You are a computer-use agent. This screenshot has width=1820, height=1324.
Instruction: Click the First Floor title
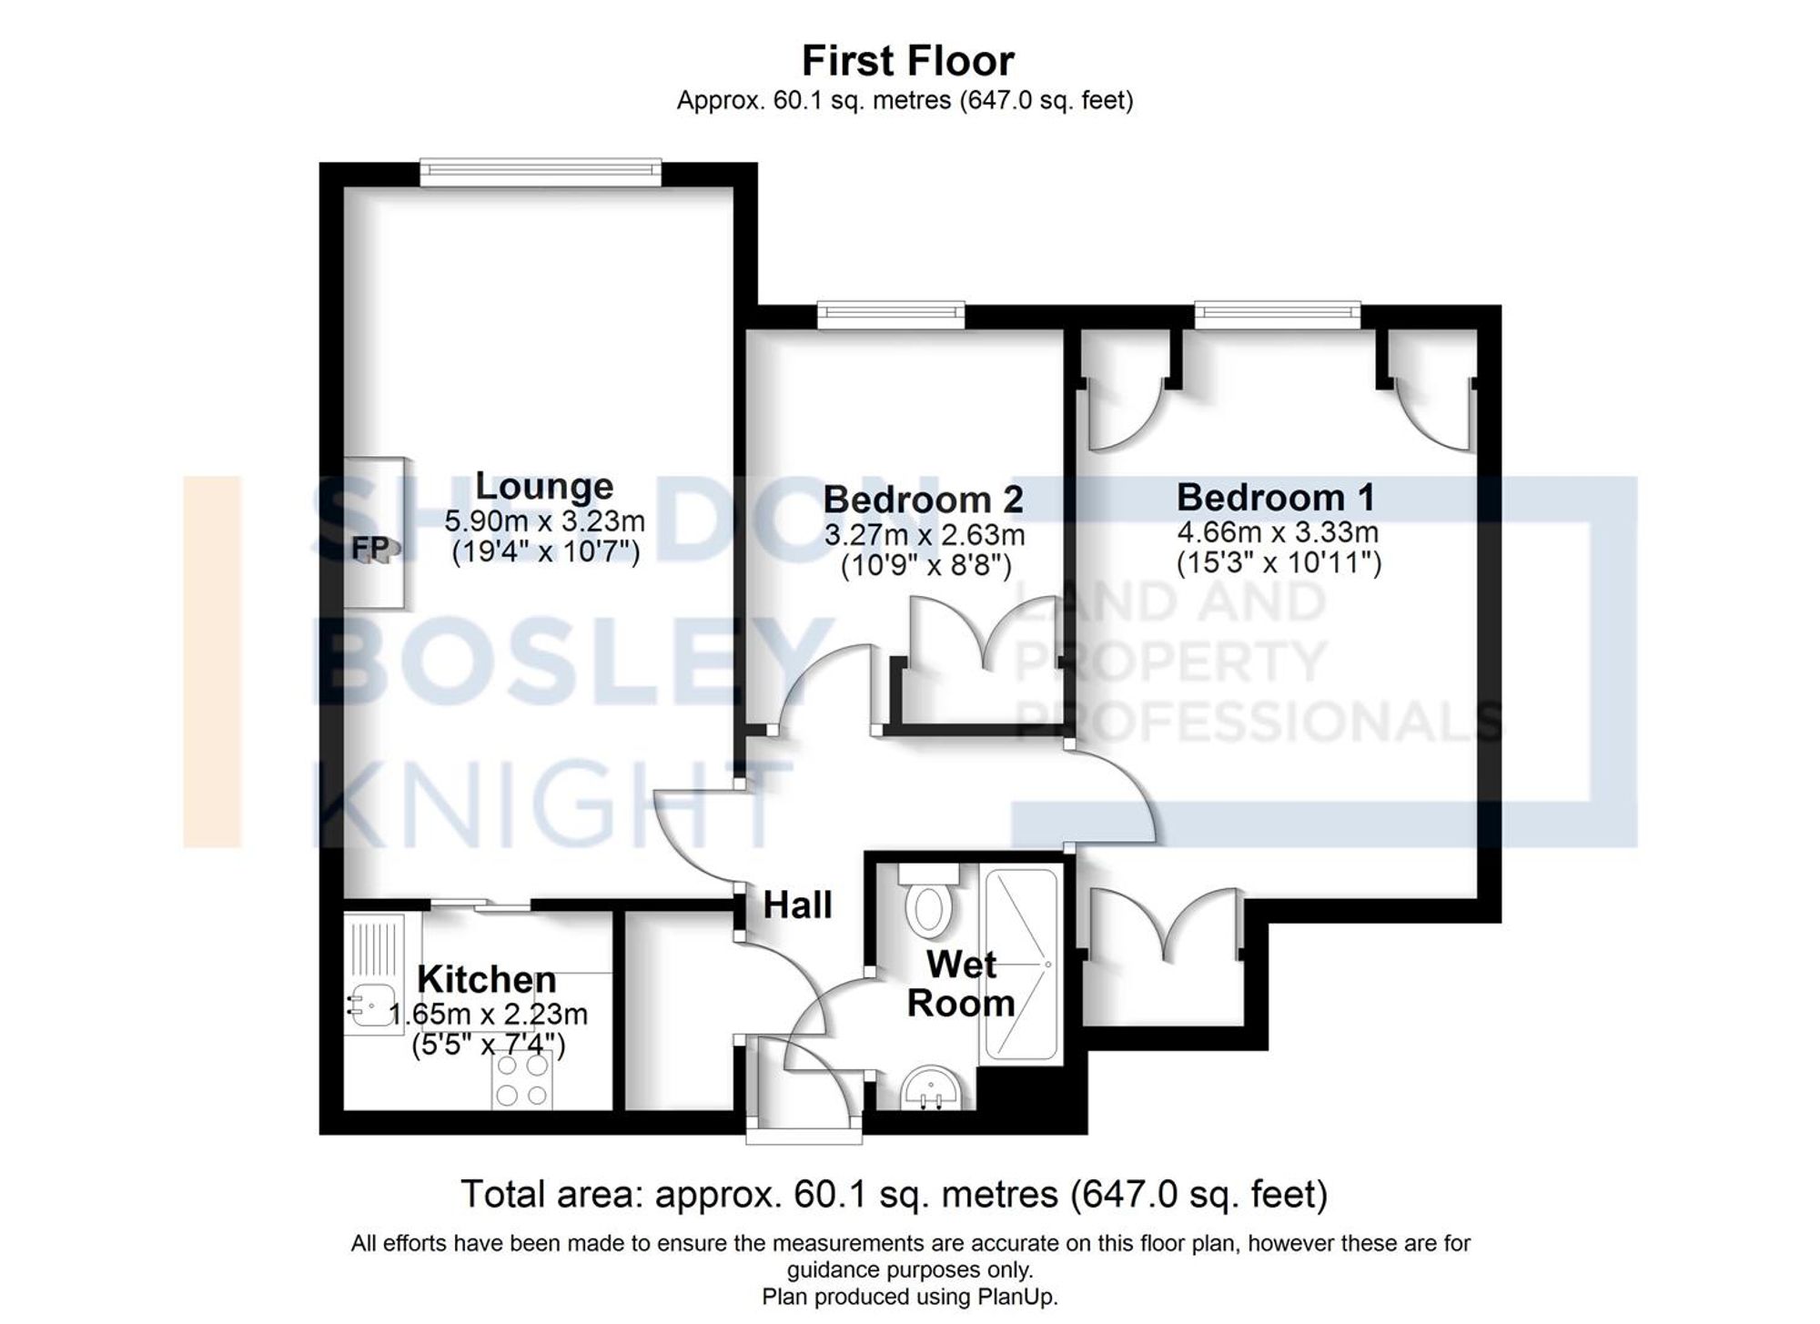pos(907,61)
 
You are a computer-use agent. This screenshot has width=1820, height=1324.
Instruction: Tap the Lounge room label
pos(544,486)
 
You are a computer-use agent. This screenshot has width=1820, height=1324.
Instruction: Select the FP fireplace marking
pos(370,548)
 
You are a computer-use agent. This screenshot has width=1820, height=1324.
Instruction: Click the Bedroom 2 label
pos(923,499)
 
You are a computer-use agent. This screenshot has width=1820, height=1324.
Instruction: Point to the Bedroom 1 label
pos(1275,497)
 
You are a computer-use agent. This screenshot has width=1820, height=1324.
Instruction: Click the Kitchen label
pos(487,979)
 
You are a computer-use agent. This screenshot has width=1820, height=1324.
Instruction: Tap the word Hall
pos(797,905)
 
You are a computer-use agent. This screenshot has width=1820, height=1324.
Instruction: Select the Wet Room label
pos(961,984)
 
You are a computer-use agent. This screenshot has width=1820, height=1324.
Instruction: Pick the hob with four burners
pos(521,1079)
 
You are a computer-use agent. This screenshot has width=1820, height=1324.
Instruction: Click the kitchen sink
pos(371,1005)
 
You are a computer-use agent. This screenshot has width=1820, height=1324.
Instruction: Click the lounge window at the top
pos(541,171)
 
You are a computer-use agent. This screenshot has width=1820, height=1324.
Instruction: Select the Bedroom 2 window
pos(890,315)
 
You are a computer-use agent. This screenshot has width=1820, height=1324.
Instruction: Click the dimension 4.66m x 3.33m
pos(1278,531)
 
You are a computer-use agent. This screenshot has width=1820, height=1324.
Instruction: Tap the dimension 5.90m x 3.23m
pos(544,521)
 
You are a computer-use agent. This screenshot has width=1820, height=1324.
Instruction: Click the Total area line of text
pos(894,1193)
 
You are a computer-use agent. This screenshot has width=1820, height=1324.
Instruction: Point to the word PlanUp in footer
pos(1022,1297)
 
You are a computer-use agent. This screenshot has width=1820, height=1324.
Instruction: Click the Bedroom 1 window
pos(1277,315)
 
